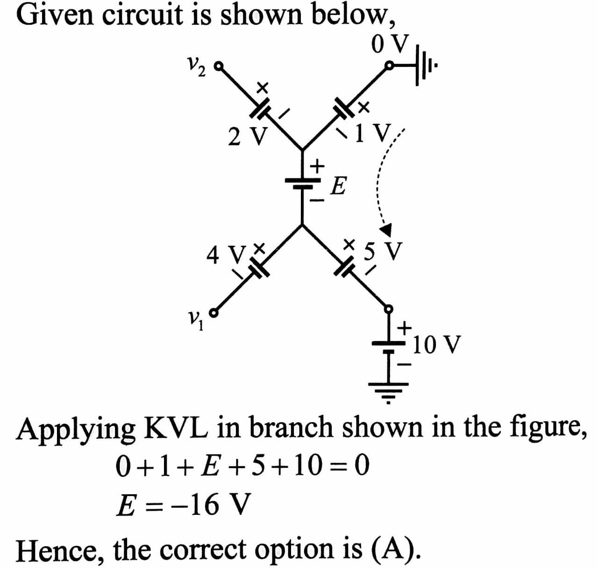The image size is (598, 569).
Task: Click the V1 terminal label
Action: coord(193,321)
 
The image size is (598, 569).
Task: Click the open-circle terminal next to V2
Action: coord(218,66)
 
